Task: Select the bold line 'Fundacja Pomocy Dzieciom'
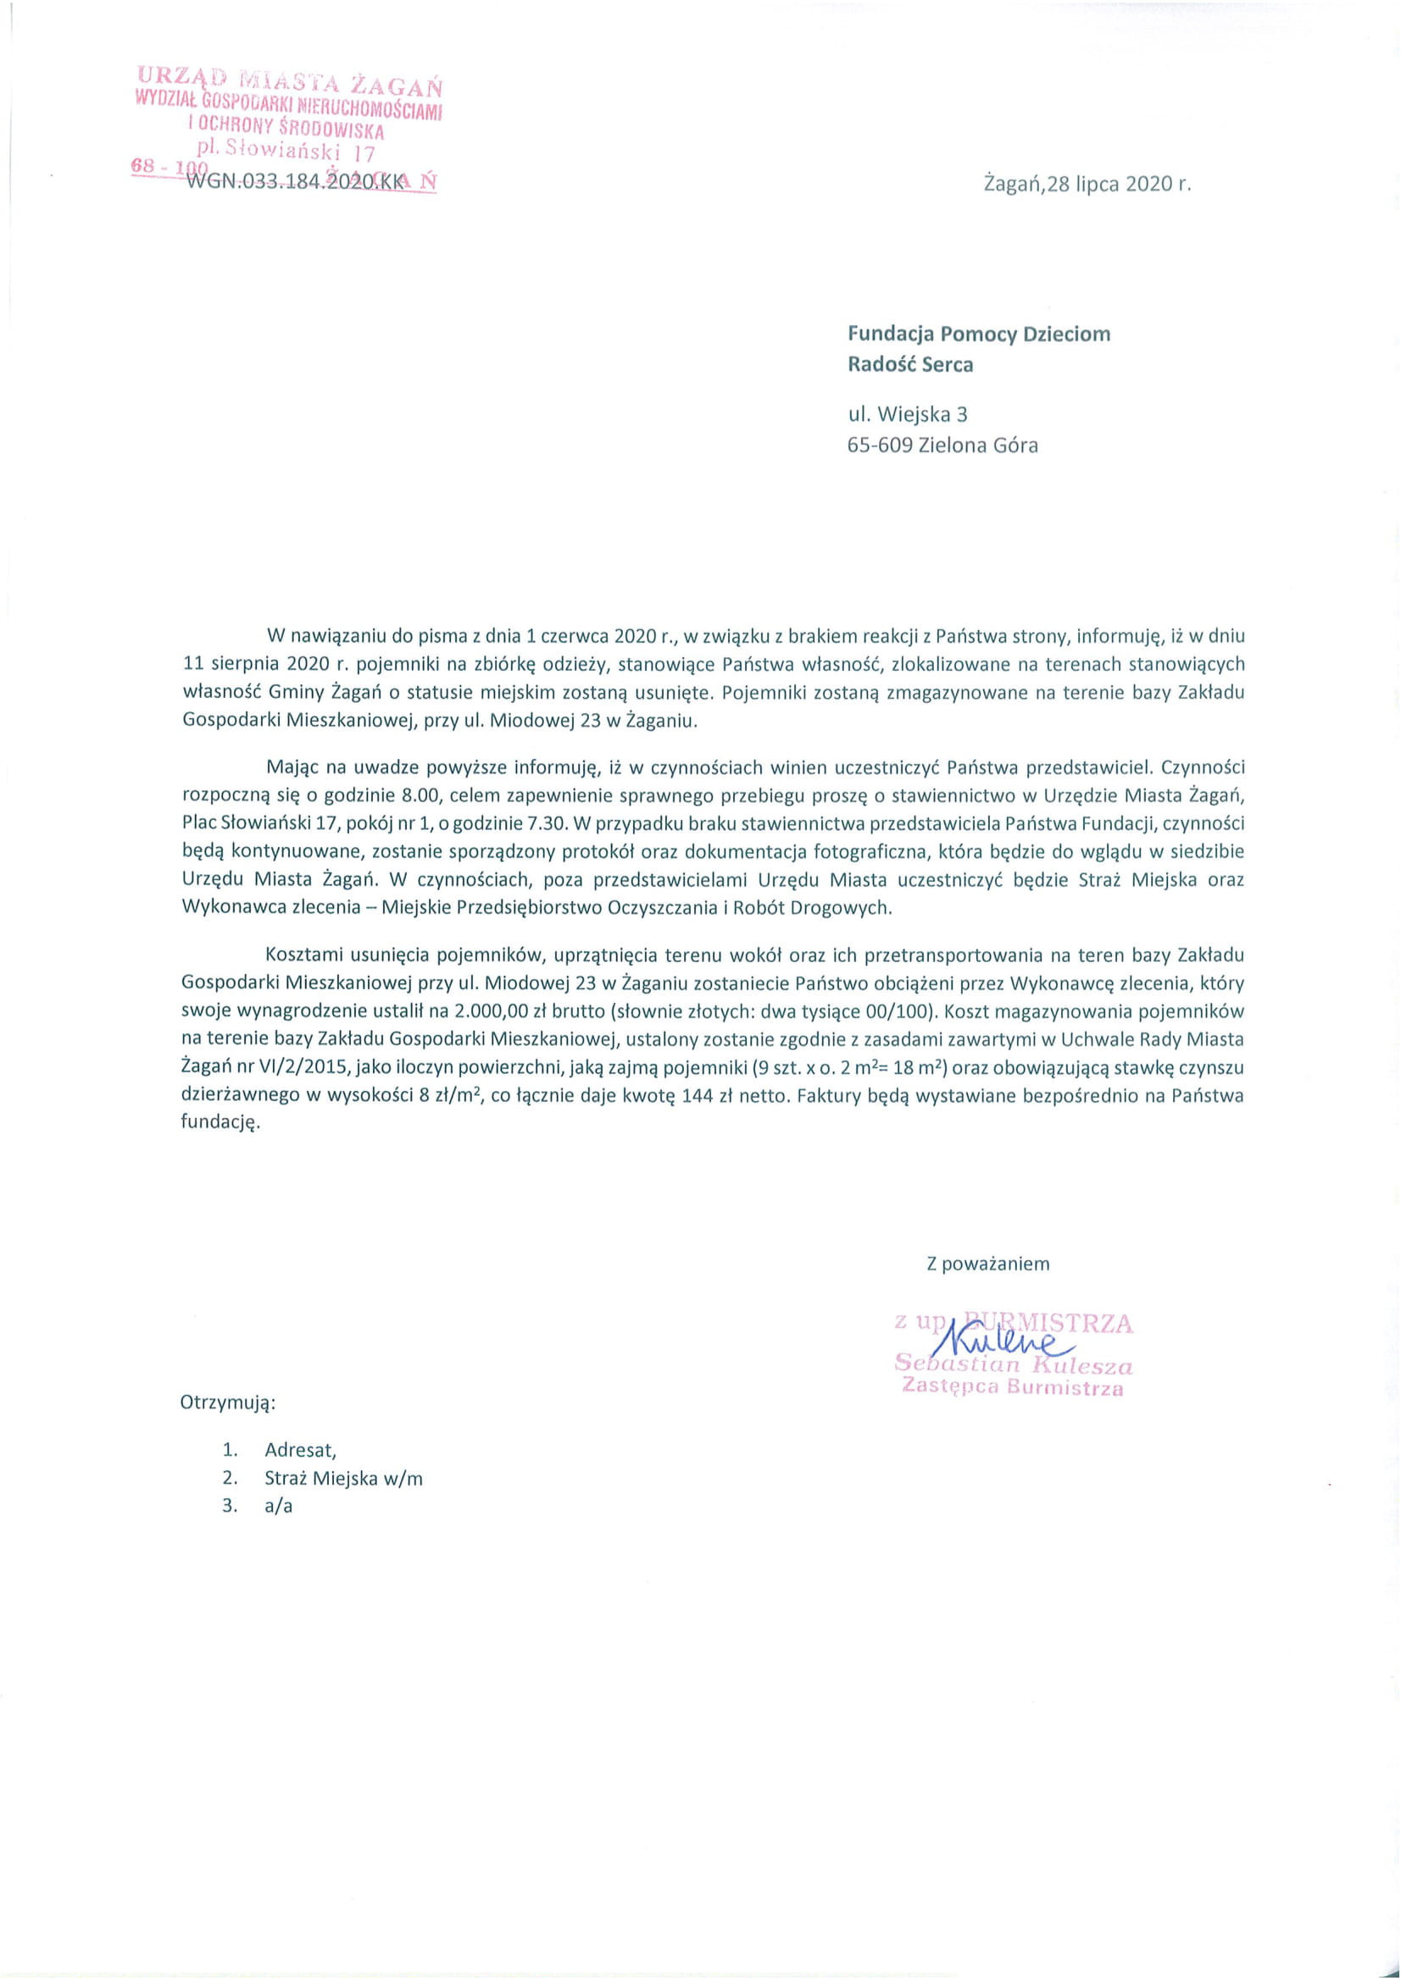tap(979, 334)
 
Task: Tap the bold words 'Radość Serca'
tap(909, 364)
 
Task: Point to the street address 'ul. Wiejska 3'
tap(907, 415)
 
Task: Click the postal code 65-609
tap(880, 446)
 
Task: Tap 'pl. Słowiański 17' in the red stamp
tap(286, 151)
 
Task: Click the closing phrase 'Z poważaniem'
tap(987, 1264)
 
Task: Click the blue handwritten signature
tap(1001, 1338)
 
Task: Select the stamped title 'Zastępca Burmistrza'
tap(1013, 1387)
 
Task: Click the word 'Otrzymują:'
tap(228, 1402)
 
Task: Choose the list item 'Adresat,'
tap(300, 1450)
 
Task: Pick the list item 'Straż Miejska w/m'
tap(343, 1478)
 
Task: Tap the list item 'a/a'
tap(279, 1507)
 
